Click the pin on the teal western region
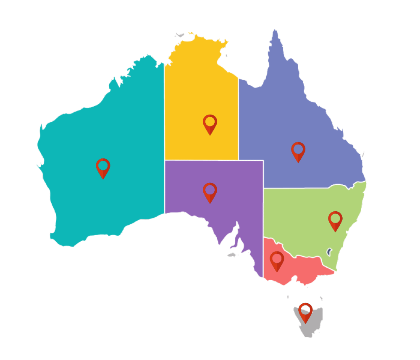point(103,167)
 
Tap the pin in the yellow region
point(210,124)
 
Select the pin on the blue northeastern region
point(298,151)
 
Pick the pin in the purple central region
point(210,192)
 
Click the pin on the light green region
point(335,220)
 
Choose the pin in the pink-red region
point(277,260)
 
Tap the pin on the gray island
point(305,312)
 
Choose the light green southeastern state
point(302,218)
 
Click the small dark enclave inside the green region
point(329,252)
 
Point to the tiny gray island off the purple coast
point(231,255)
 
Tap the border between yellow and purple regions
point(202,160)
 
